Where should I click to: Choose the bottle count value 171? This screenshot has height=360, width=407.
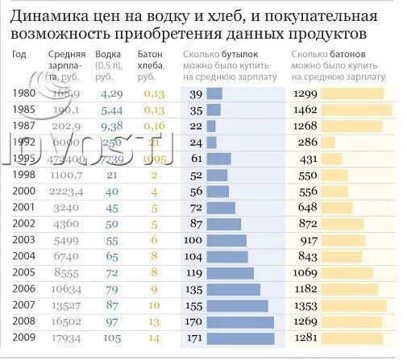point(194,337)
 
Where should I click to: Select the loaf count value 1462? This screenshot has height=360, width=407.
point(305,109)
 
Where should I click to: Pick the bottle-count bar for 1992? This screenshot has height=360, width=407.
point(214,142)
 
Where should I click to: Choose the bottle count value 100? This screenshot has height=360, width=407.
point(194,239)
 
